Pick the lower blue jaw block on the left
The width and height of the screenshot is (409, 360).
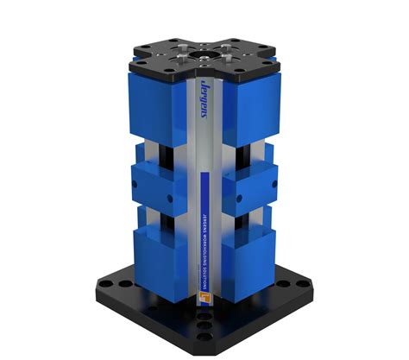pyautogui.click(x=160, y=259)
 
